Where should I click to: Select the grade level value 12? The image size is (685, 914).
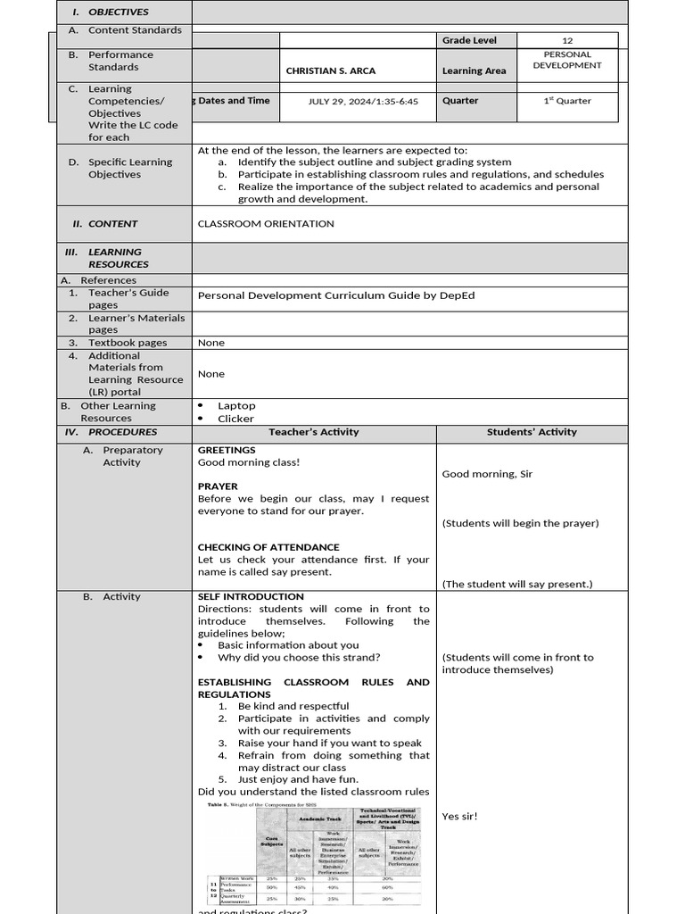(x=567, y=40)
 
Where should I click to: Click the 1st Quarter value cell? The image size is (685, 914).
(x=567, y=101)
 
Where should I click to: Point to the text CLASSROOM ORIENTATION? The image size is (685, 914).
(x=266, y=224)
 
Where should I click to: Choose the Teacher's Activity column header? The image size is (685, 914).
(x=314, y=432)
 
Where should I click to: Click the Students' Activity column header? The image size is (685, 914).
(x=532, y=432)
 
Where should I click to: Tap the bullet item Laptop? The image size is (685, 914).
(x=236, y=405)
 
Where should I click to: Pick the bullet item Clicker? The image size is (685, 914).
(x=235, y=419)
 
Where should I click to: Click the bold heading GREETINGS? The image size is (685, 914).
(x=227, y=450)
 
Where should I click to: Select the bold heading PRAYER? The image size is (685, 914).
(x=218, y=486)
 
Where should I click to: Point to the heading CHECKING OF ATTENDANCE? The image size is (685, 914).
(x=268, y=547)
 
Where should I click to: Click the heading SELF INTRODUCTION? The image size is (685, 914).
(x=251, y=596)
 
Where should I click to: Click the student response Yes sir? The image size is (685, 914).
(x=460, y=816)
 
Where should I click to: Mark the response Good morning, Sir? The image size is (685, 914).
(x=487, y=474)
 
